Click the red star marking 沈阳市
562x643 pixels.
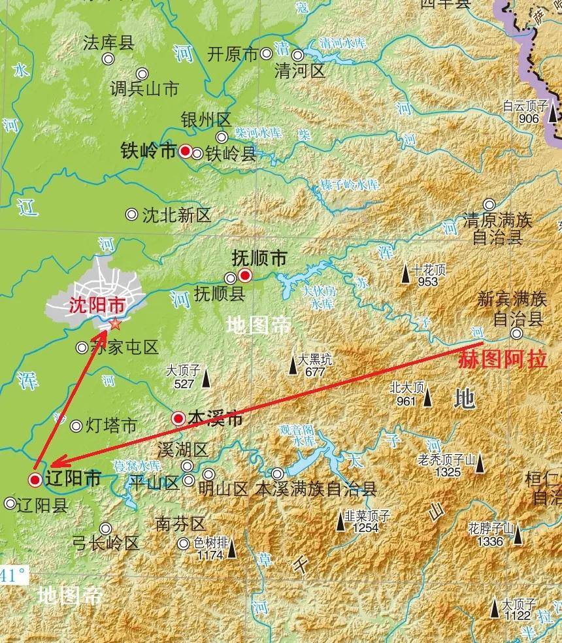pos(115,323)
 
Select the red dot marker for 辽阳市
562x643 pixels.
pos(35,480)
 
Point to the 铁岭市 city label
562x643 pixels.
pos(148,151)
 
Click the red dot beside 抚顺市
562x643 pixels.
pos(245,275)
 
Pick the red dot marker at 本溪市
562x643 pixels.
pos(178,418)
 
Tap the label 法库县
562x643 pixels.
pos(108,43)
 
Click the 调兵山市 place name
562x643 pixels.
pos(144,89)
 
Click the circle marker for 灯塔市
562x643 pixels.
pos(76,426)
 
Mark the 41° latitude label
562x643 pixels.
pos(14,576)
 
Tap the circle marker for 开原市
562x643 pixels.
pos(267,54)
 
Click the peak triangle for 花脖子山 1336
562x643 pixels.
pos(518,535)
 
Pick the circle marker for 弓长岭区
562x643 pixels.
pos(105,528)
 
